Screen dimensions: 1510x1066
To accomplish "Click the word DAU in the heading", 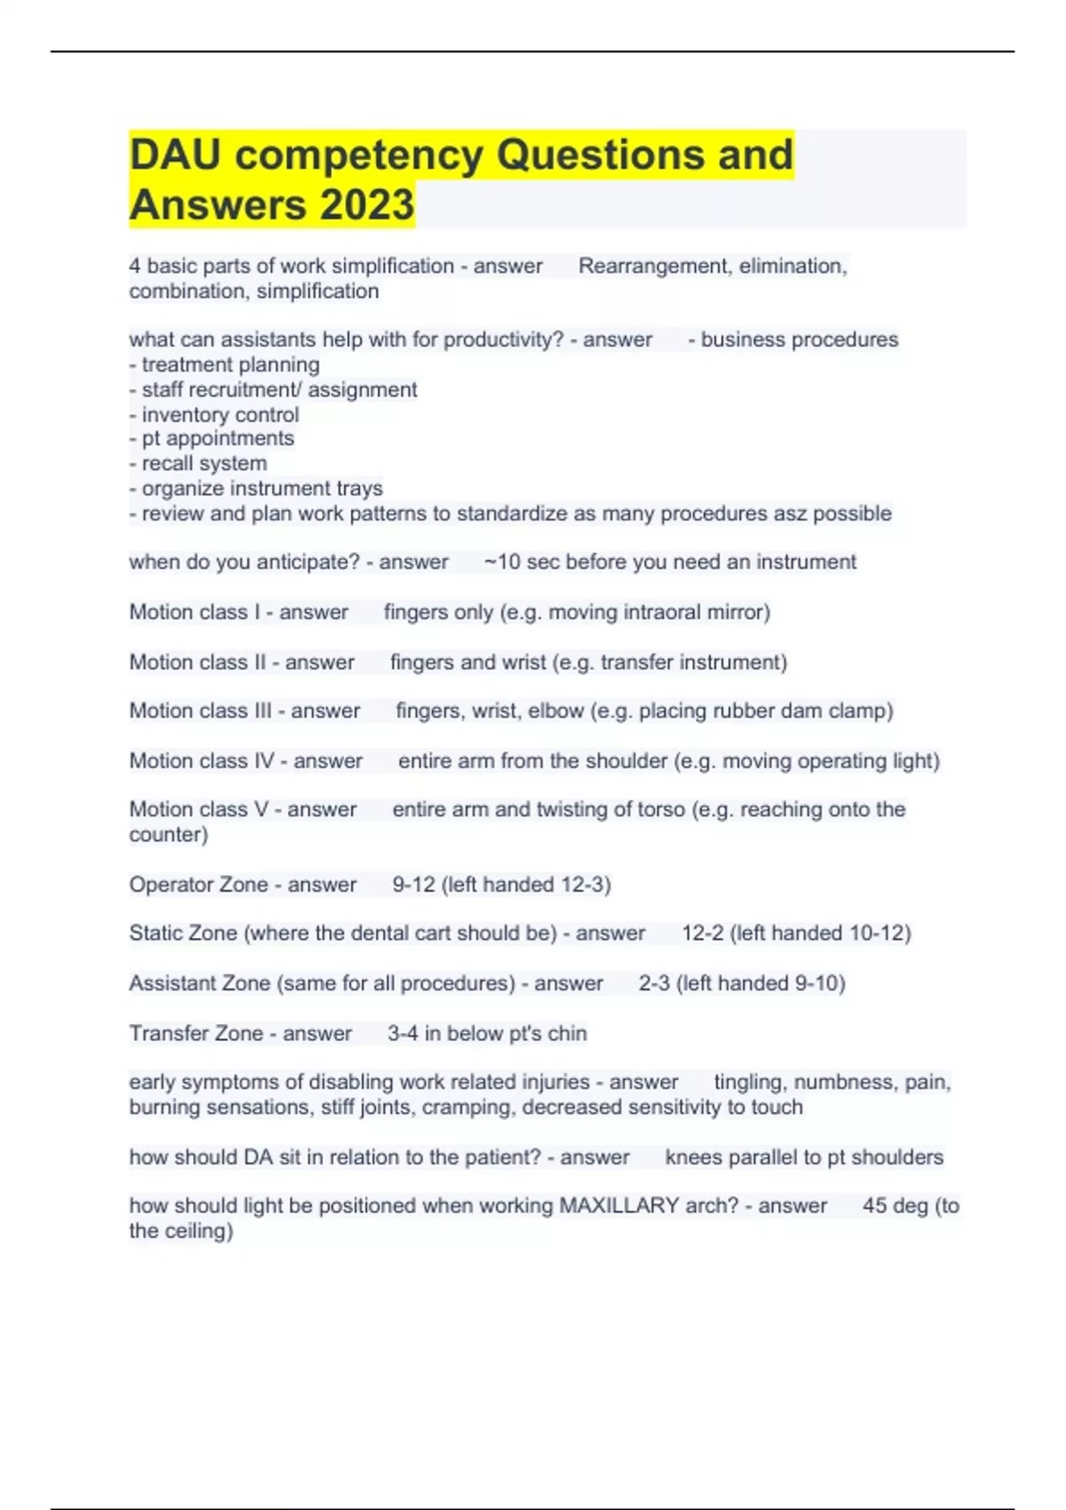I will (x=175, y=155).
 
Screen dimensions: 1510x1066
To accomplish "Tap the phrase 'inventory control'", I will (x=220, y=415).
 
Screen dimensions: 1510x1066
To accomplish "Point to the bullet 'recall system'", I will (x=204, y=464).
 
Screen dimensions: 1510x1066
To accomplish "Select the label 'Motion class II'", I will (x=197, y=662).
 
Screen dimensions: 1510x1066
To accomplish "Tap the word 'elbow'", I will (x=556, y=711).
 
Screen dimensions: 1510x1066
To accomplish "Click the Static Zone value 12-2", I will (x=703, y=934).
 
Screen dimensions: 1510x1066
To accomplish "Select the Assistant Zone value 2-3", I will (x=655, y=983).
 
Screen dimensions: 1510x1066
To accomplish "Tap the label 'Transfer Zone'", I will (x=196, y=1033).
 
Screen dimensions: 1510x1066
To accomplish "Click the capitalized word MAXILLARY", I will (x=619, y=1205).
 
